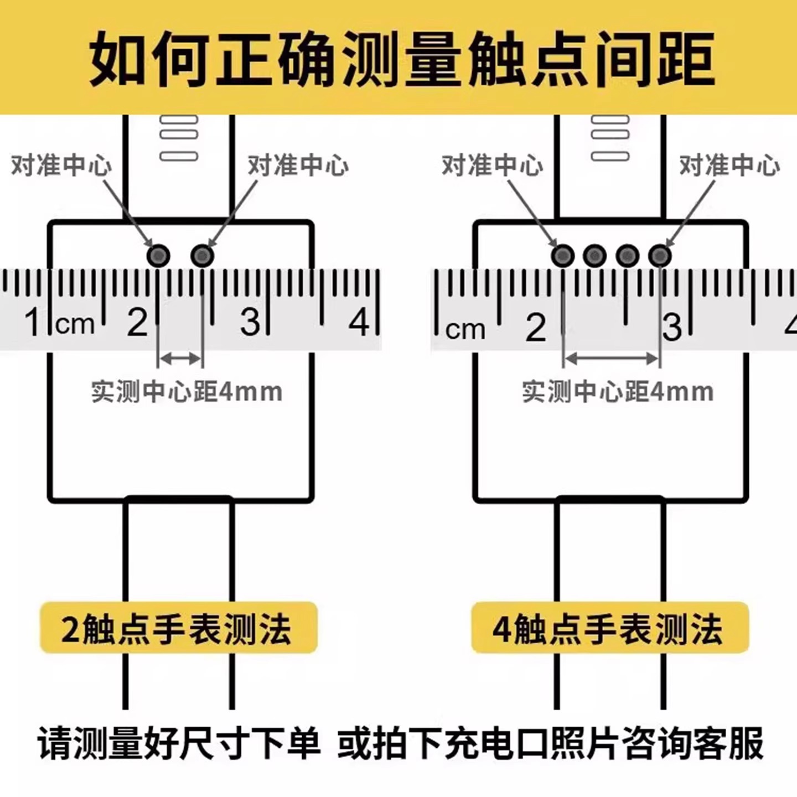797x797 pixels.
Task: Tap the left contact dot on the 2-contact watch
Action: coord(159,255)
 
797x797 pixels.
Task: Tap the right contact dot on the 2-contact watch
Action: coord(203,255)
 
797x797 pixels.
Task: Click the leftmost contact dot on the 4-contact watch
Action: coord(563,255)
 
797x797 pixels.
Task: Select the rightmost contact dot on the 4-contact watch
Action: coord(659,255)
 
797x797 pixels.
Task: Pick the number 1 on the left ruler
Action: coord(33,322)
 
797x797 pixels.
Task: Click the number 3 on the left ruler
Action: coord(250,322)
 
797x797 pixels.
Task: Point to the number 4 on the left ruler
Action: coord(359,322)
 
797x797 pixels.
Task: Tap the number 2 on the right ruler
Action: coord(536,327)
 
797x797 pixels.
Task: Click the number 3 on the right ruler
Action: coord(672,327)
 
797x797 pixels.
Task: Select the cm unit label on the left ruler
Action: coord(75,324)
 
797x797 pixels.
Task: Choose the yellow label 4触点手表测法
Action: coord(609,628)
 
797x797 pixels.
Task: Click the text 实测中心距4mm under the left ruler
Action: coord(187,392)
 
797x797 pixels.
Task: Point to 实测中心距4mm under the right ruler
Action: coord(618,392)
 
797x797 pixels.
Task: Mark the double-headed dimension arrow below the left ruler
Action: coord(180,359)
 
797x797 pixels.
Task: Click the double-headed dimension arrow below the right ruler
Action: coord(612,359)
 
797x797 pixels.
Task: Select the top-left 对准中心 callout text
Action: coord(61,165)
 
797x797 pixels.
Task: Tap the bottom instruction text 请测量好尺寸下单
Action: coord(178,743)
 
